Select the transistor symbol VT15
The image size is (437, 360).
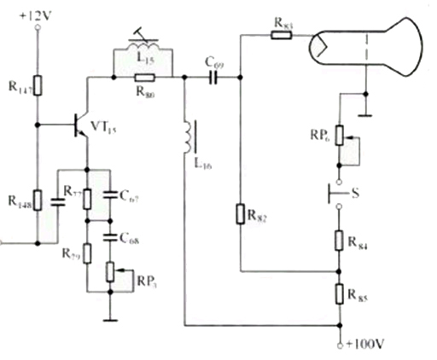[x=81, y=126]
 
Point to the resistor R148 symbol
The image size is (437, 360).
[x=37, y=203]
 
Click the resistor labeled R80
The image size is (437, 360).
[x=142, y=77]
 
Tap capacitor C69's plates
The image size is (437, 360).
[x=213, y=77]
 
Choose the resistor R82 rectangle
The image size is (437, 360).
[x=239, y=209]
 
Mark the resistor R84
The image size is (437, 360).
[x=340, y=241]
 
